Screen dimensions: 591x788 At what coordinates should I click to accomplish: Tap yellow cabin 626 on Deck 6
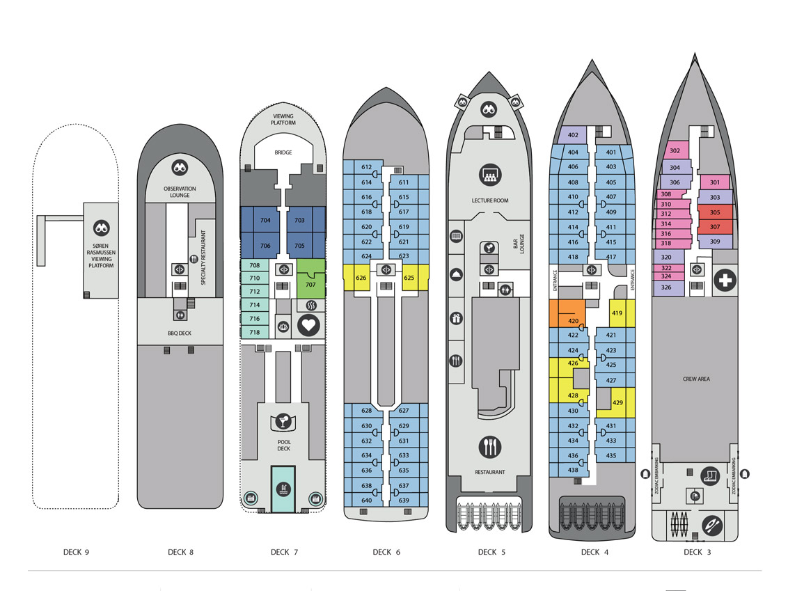pos(361,278)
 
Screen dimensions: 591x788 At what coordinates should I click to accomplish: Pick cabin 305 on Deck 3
pos(715,212)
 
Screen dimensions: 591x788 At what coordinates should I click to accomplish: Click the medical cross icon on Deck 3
pos(725,281)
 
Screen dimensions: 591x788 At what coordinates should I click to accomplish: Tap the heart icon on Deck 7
pos(309,324)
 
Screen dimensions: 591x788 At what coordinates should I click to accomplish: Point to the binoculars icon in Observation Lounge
pos(180,168)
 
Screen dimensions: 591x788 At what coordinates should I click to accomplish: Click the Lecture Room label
pos(490,200)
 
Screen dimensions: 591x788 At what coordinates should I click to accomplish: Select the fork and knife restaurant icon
pos(490,446)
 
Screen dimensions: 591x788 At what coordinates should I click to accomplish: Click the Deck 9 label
pos(76,552)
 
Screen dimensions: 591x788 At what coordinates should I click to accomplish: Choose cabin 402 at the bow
pos(573,135)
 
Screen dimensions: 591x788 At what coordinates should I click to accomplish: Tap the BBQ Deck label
pos(180,333)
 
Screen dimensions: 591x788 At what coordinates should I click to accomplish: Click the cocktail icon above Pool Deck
pos(283,421)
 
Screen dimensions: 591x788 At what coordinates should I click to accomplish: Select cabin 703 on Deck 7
pos(299,220)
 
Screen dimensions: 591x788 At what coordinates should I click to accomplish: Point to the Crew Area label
pos(696,379)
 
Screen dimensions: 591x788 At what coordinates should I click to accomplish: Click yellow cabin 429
pos(617,403)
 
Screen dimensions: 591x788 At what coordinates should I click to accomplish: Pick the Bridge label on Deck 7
pos(283,152)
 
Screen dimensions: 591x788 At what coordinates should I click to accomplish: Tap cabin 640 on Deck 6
pos(366,501)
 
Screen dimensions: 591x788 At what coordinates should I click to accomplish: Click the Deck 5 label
pos(487,552)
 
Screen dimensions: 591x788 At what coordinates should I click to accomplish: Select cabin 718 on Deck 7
pos(255,332)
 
